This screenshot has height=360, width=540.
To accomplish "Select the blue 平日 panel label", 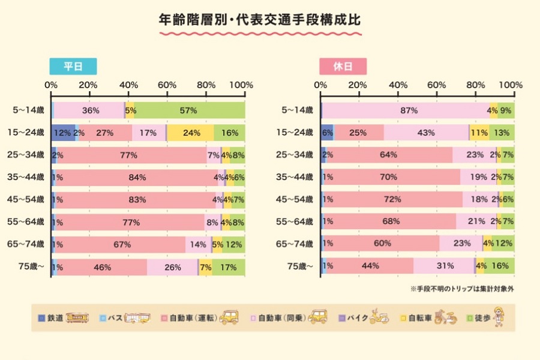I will click(73, 66).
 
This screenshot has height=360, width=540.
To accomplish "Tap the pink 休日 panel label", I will click(343, 66).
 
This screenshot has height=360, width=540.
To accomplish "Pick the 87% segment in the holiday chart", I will click(406, 110).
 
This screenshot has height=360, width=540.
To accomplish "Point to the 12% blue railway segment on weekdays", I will click(63, 133).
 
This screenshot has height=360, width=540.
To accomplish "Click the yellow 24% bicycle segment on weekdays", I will click(190, 133).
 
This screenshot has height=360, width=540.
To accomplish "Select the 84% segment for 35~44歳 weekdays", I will click(137, 178).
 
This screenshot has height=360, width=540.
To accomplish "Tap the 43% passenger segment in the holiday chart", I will click(426, 133).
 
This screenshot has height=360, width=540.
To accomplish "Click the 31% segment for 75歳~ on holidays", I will click(444, 266).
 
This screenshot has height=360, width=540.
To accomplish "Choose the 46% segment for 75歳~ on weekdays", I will click(101, 266).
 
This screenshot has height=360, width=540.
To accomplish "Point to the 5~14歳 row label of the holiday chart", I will click(297, 110).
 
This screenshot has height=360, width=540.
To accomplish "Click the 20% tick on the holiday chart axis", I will click(358, 85).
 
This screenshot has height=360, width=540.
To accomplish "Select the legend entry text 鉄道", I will click(55, 319).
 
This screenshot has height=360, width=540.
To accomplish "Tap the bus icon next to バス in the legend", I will click(137, 318).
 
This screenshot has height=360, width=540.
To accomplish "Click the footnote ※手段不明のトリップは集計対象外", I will click(462, 289).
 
